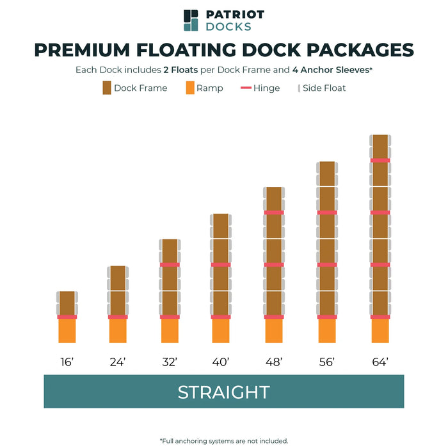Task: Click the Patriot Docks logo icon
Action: pos(191,20)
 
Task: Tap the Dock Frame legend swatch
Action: pos(107,88)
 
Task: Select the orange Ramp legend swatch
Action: pos(190,88)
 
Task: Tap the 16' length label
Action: pos(67,362)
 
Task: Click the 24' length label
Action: pos(118,362)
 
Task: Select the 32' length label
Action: pos(170,362)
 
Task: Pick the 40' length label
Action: pos(221,362)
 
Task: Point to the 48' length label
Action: pos(274,362)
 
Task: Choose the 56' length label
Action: pos(327,362)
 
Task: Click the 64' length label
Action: pos(380,362)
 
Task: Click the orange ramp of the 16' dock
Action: pos(67,332)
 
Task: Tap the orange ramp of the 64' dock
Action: pos(380,332)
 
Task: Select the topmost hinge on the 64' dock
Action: pos(380,160)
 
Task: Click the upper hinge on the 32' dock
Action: pos(170,264)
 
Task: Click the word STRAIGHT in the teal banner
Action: pos(223,392)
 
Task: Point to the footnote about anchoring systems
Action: pos(223,440)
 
